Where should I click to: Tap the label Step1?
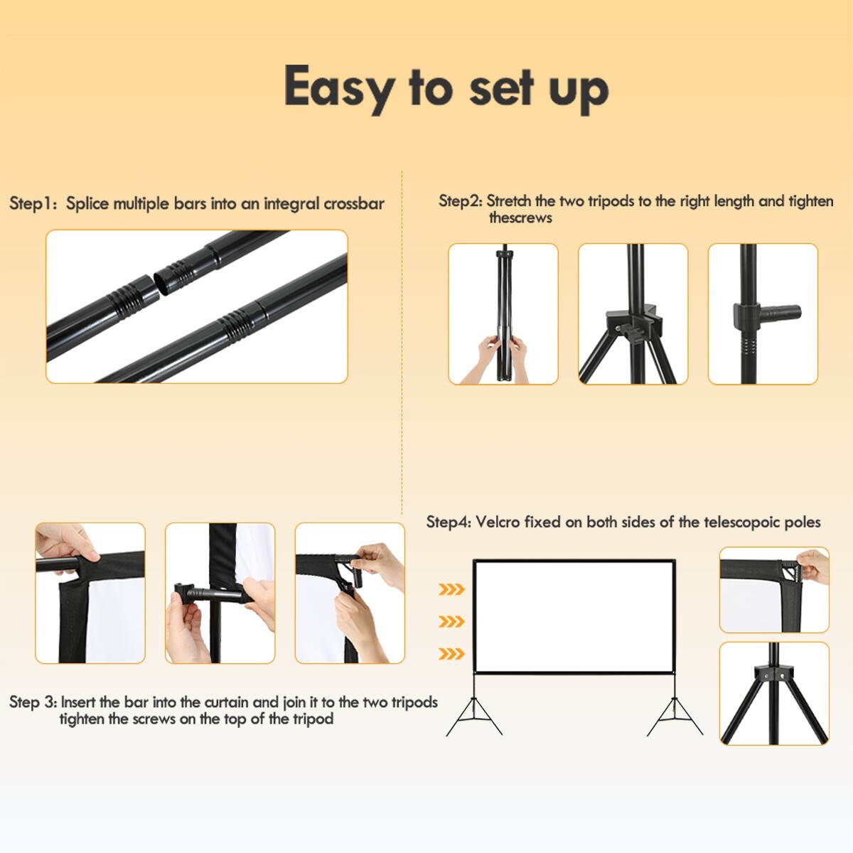click(x=33, y=203)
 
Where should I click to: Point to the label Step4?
click(x=449, y=522)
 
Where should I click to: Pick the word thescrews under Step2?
click(x=520, y=218)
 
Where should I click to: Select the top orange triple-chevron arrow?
click(x=451, y=589)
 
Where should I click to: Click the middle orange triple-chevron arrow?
click(x=451, y=621)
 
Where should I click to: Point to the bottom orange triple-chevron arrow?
click(x=451, y=653)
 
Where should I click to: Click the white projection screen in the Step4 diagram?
click(x=574, y=617)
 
